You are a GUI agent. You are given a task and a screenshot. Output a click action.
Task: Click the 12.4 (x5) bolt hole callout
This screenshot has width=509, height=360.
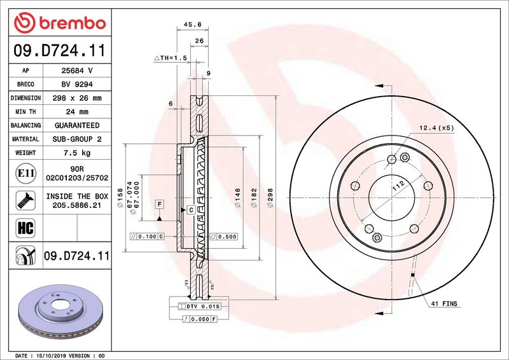pos(436,128)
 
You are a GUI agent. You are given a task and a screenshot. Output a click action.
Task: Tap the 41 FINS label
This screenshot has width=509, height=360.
pos(444,305)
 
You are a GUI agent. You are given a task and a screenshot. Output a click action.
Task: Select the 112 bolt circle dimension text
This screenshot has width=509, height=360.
pos(398,186)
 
